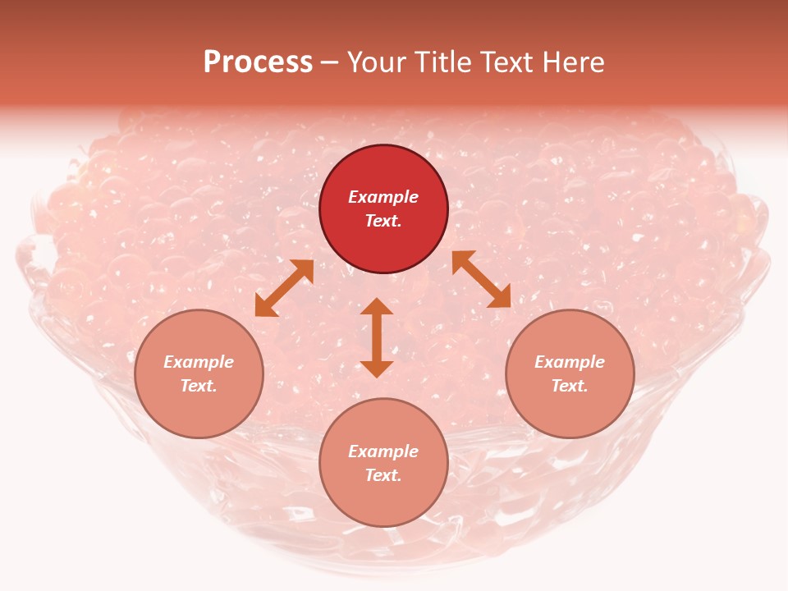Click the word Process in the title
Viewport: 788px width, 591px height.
[x=258, y=62]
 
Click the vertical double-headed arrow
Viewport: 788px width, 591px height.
[x=377, y=337]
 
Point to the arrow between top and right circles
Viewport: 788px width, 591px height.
[x=481, y=279]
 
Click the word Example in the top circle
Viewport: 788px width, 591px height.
[x=383, y=197]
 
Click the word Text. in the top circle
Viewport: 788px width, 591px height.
[x=383, y=221]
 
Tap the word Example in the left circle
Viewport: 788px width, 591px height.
[x=199, y=362]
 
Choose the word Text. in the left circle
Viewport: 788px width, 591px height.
[x=199, y=386]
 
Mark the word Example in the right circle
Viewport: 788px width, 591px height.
[x=570, y=362]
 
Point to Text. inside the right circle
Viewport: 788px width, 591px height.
[x=570, y=386]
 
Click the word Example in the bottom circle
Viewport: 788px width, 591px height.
[x=383, y=451]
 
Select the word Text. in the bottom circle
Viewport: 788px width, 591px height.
[x=383, y=475]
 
